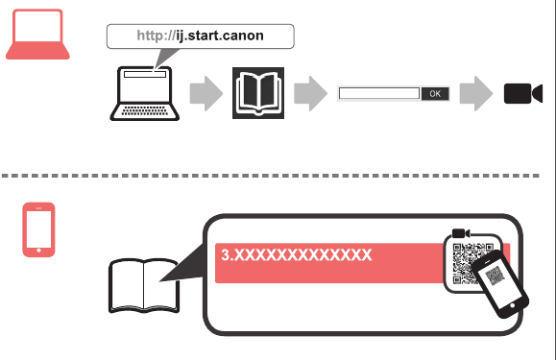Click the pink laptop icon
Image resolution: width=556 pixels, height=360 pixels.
tap(37, 35)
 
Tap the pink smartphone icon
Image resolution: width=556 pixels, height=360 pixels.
tap(38, 229)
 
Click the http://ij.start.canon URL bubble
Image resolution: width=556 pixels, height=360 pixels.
tap(201, 36)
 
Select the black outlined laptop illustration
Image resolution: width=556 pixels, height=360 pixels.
tap(144, 93)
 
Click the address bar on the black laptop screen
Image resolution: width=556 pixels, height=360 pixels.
tap(145, 75)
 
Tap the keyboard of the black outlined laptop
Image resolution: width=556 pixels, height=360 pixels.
tap(145, 111)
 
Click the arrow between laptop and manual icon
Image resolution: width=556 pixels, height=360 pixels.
tap(206, 93)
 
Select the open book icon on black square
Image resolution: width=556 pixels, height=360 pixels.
tap(258, 93)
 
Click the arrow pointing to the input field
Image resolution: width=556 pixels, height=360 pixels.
tap(310, 93)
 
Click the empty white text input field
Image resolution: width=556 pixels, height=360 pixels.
tap(379, 93)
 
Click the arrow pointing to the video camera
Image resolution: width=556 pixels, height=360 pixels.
tap(476, 93)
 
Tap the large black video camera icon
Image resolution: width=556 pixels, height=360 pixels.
tap(523, 93)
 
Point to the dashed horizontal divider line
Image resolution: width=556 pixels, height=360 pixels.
tap(270, 176)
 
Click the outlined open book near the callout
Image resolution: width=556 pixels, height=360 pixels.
tap(144, 285)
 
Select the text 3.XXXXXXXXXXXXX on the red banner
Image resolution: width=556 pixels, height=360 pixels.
tap(297, 254)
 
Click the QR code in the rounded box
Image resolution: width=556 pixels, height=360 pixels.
tap(465, 263)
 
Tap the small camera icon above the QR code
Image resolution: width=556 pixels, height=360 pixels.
tap(461, 233)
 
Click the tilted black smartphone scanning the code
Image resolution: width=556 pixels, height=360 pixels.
tap(500, 283)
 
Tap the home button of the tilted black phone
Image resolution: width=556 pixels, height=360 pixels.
tap(512, 305)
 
